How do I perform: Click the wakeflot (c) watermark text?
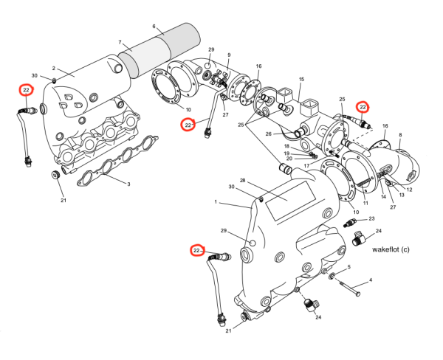tap(391, 249)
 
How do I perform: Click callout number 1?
tap(216, 202)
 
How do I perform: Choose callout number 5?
tap(155, 27)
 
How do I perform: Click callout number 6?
tap(120, 43)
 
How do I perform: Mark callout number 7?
tap(401, 135)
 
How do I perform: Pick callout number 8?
tap(229, 55)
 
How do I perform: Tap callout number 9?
tap(301, 79)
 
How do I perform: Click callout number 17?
tap(371, 219)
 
